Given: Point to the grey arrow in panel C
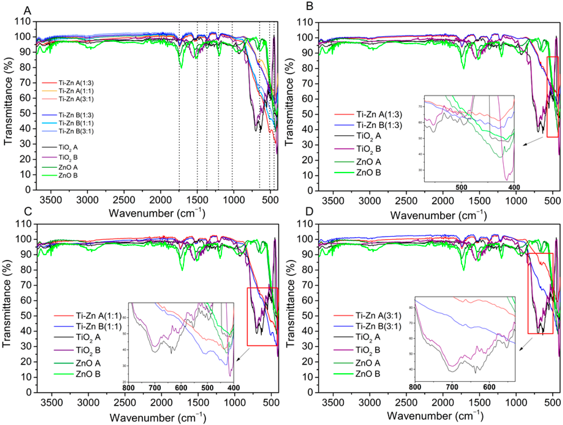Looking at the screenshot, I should (243, 355).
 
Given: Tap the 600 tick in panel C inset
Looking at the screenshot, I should (181, 388).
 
